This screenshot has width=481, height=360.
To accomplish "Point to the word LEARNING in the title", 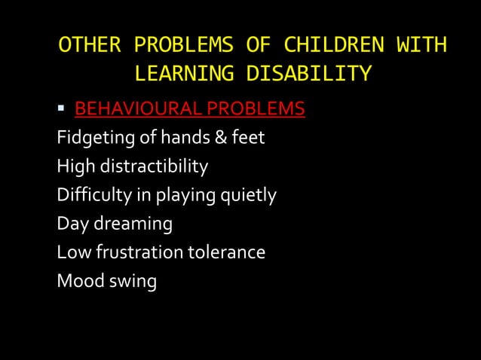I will click(x=180, y=74).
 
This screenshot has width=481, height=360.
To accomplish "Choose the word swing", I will click(x=132, y=282).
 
